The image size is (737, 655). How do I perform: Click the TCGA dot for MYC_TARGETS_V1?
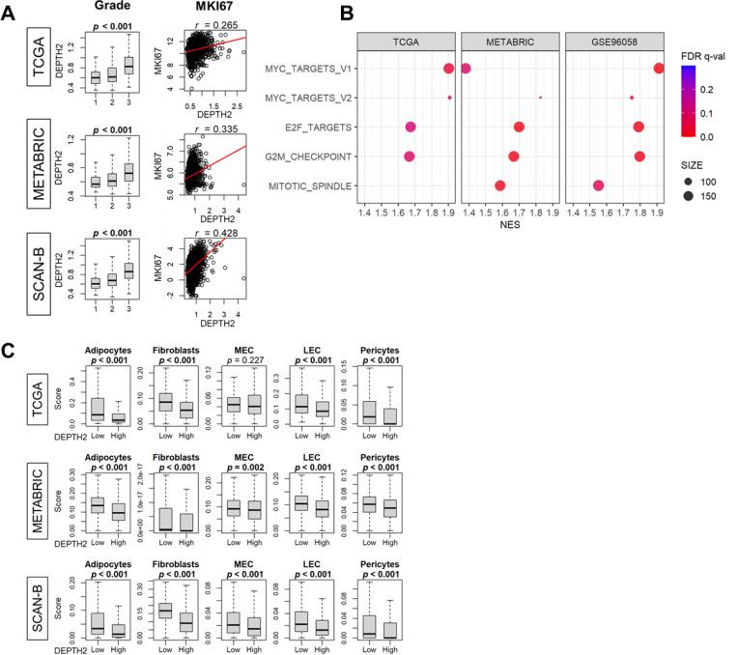[448, 68]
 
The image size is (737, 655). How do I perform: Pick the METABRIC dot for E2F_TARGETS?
[519, 127]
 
